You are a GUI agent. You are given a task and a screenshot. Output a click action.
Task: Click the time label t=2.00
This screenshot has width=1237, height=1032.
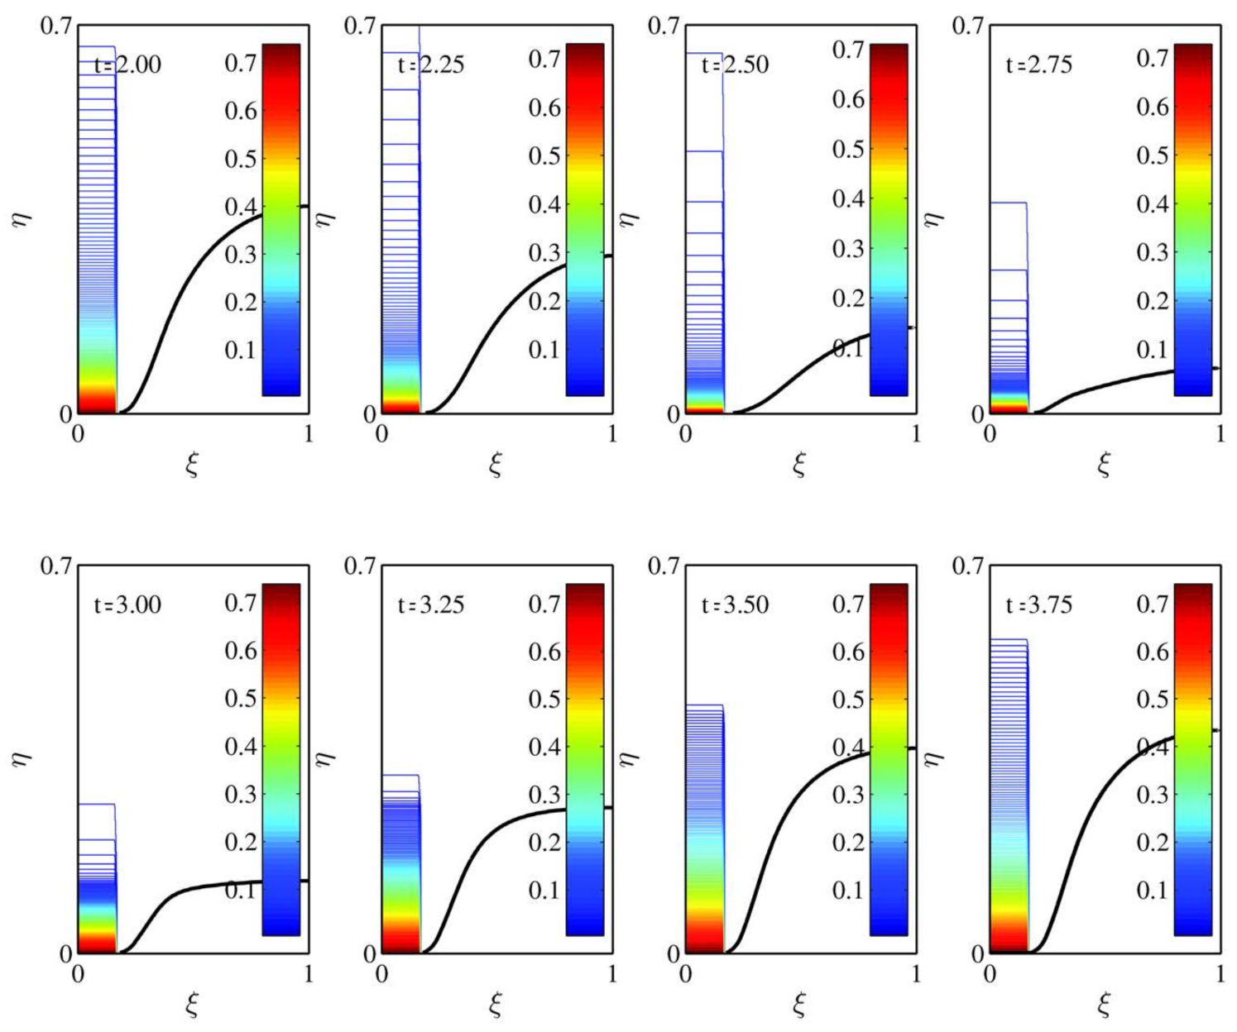point(127,64)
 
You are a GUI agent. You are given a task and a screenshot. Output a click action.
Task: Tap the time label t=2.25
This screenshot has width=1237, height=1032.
point(431,64)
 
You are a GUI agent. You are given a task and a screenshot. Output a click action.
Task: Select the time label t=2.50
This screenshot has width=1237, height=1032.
point(735,64)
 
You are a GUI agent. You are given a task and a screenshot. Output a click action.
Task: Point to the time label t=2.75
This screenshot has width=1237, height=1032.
point(1038,64)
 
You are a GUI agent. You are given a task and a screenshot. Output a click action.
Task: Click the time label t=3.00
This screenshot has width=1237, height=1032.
point(127,604)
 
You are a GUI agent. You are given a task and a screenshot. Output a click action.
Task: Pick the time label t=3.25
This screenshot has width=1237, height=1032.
point(431,604)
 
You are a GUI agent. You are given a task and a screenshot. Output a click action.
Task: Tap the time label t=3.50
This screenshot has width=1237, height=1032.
point(735,604)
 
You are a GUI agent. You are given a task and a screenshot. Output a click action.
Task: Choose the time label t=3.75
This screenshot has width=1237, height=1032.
point(1038,604)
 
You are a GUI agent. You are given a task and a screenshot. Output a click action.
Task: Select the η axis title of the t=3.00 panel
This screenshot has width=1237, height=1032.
point(22,757)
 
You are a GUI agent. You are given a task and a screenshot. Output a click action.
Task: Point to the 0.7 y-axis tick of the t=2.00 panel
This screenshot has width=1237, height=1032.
point(56,26)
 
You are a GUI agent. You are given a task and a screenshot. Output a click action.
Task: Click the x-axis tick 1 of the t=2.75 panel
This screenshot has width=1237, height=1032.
point(1220,433)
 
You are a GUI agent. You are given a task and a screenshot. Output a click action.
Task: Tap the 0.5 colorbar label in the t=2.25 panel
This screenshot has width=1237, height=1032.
point(544,156)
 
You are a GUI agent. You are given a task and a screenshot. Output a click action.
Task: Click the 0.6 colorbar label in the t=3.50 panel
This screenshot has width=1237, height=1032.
point(848,652)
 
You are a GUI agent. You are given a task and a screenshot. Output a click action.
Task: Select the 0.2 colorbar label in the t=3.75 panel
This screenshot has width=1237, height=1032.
point(1152,843)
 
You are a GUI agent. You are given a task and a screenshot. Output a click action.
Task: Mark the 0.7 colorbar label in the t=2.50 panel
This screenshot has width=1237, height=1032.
point(848,50)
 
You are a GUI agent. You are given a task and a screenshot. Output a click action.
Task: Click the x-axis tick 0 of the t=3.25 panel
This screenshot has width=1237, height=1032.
point(381,974)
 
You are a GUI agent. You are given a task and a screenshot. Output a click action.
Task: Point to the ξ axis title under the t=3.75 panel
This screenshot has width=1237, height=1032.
point(1104,1006)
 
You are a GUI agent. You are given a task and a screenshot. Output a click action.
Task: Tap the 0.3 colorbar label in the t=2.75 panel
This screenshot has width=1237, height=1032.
point(1152,252)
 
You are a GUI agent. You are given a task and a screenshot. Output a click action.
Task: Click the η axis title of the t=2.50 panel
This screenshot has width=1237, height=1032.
point(630,217)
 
